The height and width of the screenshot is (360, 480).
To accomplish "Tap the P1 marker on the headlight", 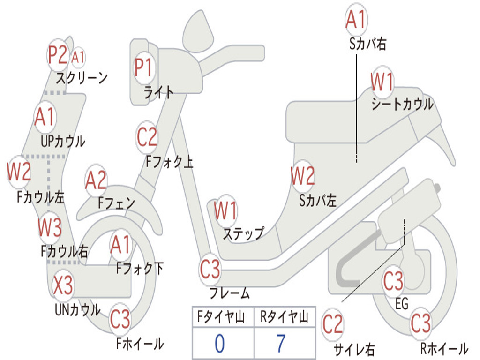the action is click(x=143, y=67).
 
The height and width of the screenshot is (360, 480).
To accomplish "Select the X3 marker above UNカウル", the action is click(x=63, y=285).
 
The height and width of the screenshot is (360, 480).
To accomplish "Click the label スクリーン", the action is click(x=82, y=78).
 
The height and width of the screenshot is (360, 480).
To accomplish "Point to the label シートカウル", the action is click(x=402, y=104).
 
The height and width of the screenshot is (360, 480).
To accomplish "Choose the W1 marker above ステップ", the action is click(x=225, y=210).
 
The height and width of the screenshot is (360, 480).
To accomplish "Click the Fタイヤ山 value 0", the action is click(x=219, y=343).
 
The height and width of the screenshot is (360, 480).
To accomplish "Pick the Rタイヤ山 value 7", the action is click(x=281, y=343).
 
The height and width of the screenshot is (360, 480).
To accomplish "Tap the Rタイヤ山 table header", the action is click(x=284, y=317).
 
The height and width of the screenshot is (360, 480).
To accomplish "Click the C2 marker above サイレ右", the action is click(x=333, y=324).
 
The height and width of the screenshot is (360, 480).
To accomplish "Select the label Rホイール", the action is click(x=444, y=348).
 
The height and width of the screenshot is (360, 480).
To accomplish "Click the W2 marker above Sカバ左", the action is click(x=302, y=176).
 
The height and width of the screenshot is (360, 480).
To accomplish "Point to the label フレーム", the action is click(x=229, y=293).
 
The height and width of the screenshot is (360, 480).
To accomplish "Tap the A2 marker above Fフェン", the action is click(x=96, y=180).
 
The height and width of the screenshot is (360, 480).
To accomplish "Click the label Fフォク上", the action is click(x=169, y=161).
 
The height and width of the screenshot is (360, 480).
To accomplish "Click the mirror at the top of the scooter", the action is click(x=198, y=32).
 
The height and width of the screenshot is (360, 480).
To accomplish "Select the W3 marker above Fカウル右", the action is click(x=50, y=227).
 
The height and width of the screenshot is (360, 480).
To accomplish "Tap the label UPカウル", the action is click(x=63, y=142).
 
